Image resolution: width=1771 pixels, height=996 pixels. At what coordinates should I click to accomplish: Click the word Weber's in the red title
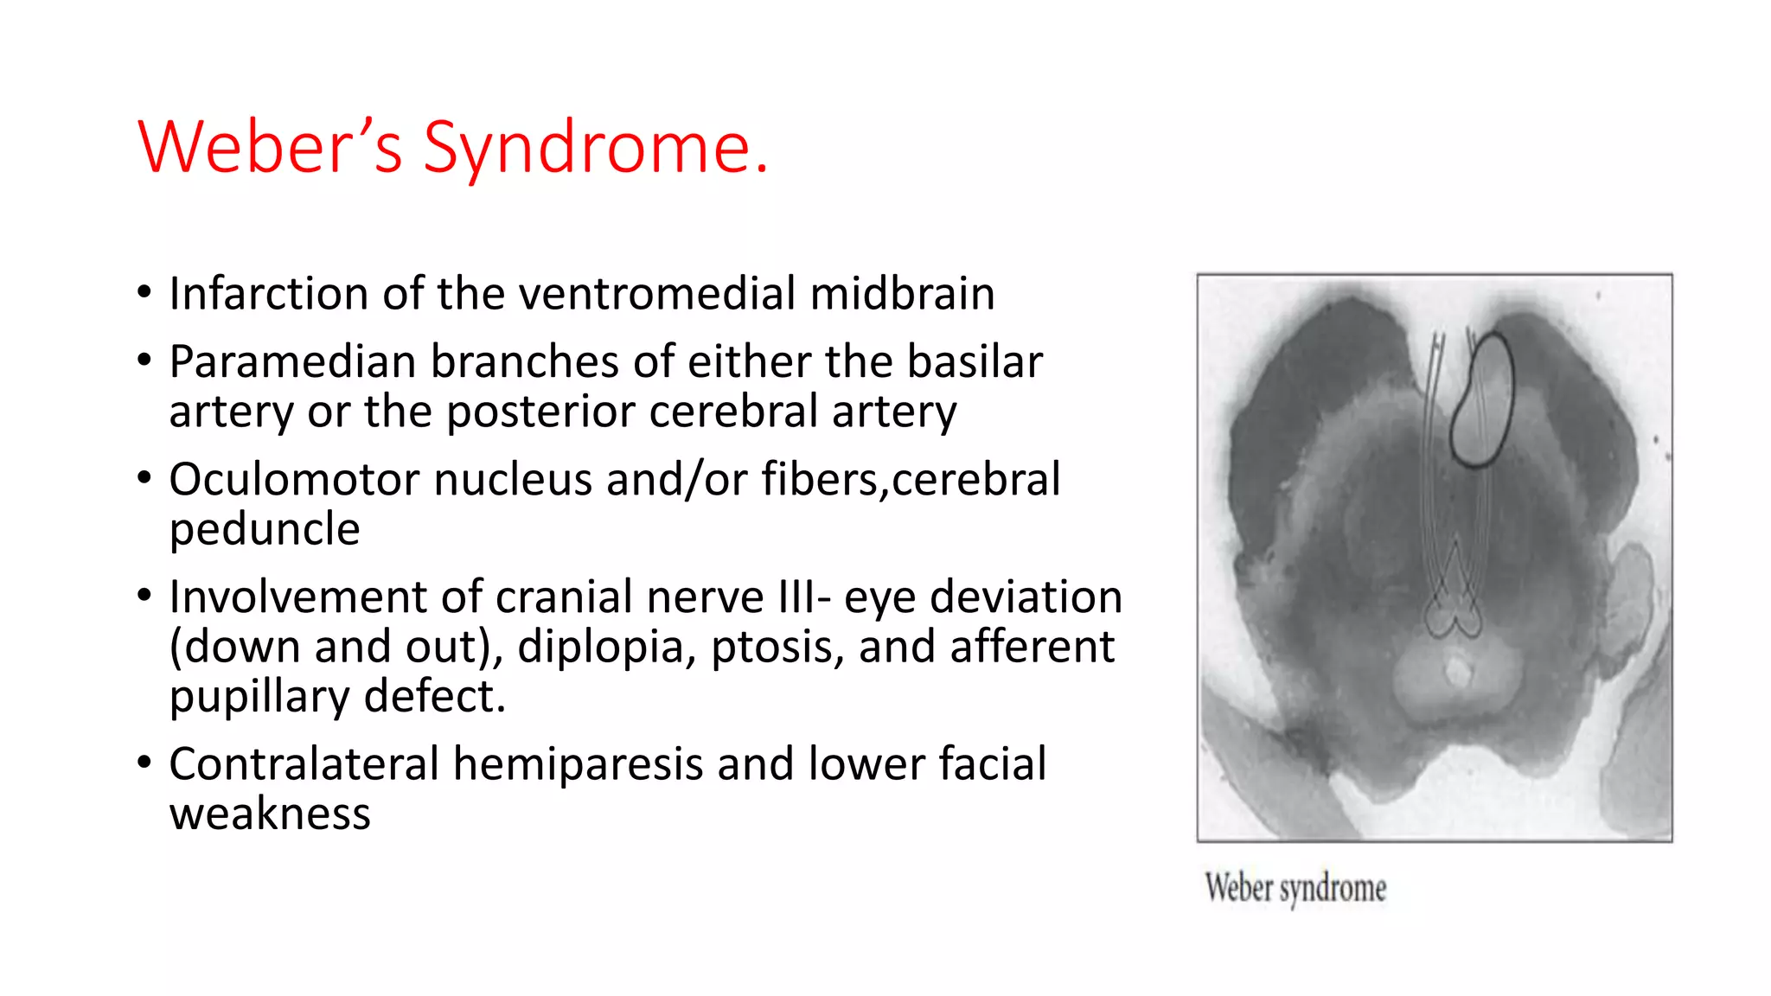pyautogui.click(x=270, y=148)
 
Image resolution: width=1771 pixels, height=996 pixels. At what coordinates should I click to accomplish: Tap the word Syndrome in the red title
pyautogui.click(x=595, y=148)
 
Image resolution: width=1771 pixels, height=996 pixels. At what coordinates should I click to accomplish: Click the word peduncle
pyautogui.click(x=264, y=529)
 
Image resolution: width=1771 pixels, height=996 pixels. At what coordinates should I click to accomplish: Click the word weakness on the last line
pyautogui.click(x=270, y=814)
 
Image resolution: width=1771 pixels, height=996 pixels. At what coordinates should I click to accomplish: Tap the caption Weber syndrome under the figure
pyautogui.click(x=1295, y=888)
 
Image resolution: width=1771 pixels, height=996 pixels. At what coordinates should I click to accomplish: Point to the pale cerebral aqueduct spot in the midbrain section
pyautogui.click(x=1458, y=671)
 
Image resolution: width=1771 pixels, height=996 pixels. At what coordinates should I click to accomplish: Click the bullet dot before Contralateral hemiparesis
pyautogui.click(x=144, y=762)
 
